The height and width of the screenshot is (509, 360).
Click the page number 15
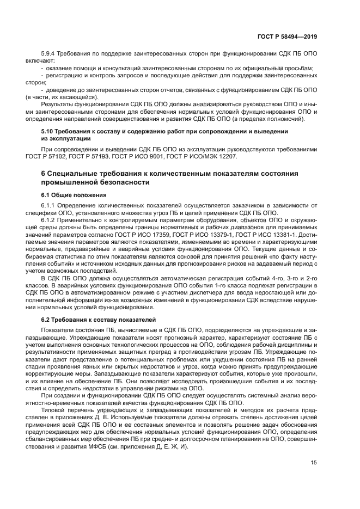pyautogui.click(x=314, y=463)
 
